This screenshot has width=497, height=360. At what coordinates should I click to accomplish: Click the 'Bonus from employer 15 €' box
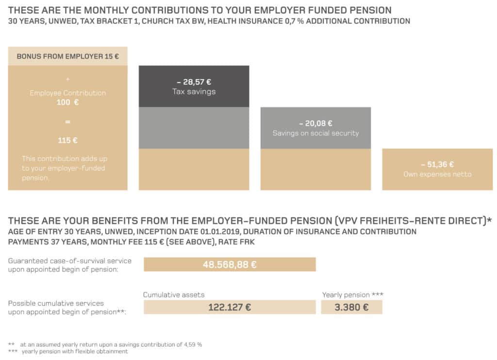pyautogui.click(x=68, y=56)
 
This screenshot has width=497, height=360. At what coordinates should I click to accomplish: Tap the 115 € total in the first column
pyautogui.click(x=68, y=140)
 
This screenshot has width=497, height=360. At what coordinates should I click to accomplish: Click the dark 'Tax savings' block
pyautogui.click(x=194, y=86)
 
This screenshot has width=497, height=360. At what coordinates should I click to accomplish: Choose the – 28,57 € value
pyautogui.click(x=194, y=82)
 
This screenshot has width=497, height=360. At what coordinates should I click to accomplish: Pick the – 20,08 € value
pyautogui.click(x=315, y=124)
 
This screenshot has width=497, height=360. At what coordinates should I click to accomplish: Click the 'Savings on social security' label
pyautogui.click(x=315, y=133)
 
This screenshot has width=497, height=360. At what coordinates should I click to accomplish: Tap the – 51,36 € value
pyautogui.click(x=437, y=164)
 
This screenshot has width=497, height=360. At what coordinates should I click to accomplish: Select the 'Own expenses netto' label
pyautogui.click(x=437, y=174)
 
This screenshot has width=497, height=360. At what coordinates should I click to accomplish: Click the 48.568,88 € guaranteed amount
pyautogui.click(x=230, y=264)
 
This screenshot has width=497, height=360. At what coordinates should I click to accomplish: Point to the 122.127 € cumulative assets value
pyautogui.click(x=230, y=307)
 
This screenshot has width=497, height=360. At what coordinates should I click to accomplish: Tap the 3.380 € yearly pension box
pyautogui.click(x=351, y=307)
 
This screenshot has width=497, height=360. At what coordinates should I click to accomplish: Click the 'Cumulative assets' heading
pyautogui.click(x=174, y=295)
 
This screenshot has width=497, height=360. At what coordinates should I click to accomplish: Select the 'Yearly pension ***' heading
pyautogui.click(x=353, y=295)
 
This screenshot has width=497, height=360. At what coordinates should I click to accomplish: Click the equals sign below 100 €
pyautogui.click(x=68, y=121)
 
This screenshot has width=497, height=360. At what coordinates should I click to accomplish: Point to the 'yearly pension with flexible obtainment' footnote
pyautogui.click(x=75, y=352)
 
